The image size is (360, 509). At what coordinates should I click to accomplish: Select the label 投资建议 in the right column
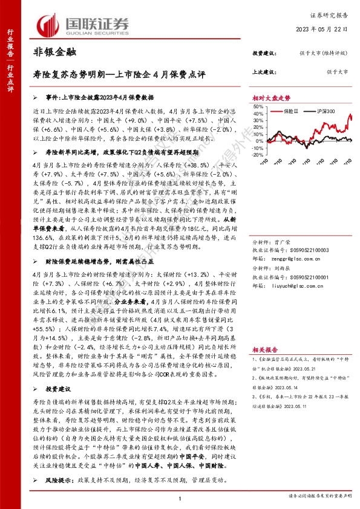pos(263,53)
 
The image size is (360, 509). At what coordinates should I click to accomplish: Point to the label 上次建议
pos(263,71)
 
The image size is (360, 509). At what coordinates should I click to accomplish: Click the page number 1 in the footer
pos(180,498)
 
